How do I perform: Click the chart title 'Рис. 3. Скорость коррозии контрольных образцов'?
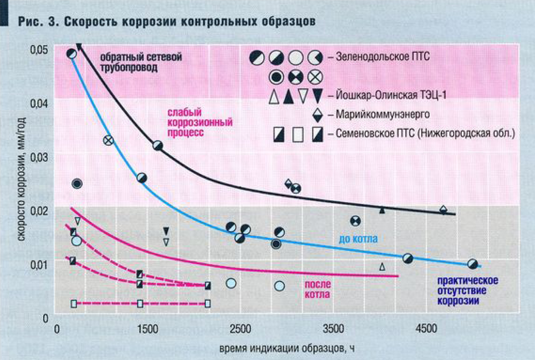click(167, 21)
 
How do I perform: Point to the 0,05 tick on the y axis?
click(39, 50)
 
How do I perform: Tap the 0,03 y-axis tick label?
click(39, 157)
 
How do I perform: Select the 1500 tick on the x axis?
click(148, 329)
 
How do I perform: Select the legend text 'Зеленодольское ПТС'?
click(383, 57)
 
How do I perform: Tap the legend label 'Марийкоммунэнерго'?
click(383, 114)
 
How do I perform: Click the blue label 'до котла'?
click(358, 239)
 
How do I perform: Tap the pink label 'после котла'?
click(317, 289)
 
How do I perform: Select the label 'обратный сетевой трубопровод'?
click(141, 62)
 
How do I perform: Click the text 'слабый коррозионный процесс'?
click(200, 122)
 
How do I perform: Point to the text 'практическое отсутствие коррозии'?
click(467, 290)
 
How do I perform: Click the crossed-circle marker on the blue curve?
click(108, 140)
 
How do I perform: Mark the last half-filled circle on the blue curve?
click(473, 264)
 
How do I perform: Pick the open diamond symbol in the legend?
click(317, 114)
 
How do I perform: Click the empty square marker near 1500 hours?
click(140, 304)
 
